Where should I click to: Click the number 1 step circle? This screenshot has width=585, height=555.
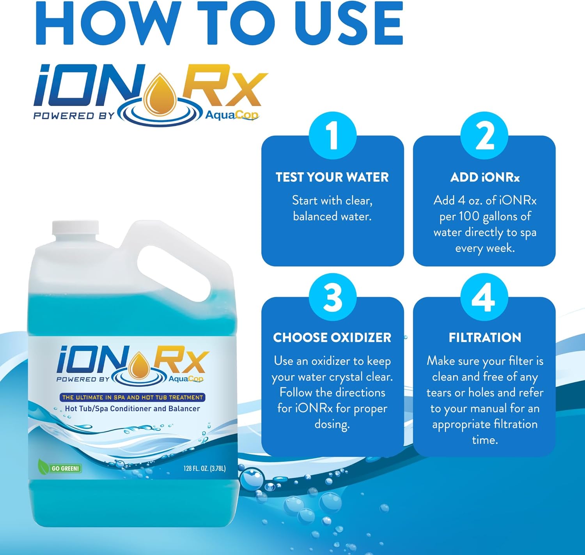coord(332,136)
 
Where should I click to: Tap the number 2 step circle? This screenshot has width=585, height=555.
coord(484,136)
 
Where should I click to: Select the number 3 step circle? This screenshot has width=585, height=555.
coord(332,297)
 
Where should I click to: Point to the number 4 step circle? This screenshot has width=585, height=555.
coord(484,297)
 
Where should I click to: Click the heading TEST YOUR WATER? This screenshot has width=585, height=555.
coord(332,177)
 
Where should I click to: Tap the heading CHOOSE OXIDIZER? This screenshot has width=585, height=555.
coord(332,338)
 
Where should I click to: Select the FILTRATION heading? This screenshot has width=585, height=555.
coord(485,338)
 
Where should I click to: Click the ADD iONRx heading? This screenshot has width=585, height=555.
coord(485,177)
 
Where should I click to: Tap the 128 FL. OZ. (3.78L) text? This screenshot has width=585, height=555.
coord(204,468)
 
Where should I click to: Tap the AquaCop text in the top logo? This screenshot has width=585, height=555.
coord(232,115)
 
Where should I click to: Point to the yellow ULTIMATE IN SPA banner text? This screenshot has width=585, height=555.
coord(133,398)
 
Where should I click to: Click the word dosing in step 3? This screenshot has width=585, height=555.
coord(332,424)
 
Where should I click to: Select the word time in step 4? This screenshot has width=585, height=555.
coord(484,440)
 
